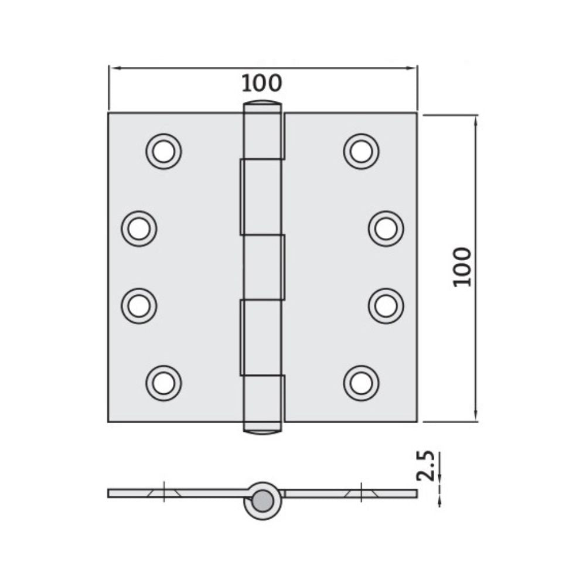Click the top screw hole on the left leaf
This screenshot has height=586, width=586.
tap(163, 151)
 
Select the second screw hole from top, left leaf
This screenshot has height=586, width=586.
tap(139, 229)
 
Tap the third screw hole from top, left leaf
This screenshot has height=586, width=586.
tap(139, 306)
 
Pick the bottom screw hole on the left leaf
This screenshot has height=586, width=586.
tap(163, 383)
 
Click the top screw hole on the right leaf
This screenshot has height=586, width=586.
tap(361, 151)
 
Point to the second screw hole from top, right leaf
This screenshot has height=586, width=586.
tap(386, 229)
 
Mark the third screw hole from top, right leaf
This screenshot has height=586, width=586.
tap(386, 306)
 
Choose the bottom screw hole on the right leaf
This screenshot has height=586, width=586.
tap(361, 383)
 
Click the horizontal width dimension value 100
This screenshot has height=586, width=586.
tap(262, 84)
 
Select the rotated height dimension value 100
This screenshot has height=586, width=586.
tap(462, 267)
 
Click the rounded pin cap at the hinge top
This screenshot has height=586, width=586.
tap(263, 106)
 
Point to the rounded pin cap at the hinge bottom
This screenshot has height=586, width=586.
tap(263, 428)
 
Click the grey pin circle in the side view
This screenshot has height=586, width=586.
tap(263, 500)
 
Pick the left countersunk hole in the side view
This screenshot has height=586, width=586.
tap(163, 493)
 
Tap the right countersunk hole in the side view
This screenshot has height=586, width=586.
tap(361, 493)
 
